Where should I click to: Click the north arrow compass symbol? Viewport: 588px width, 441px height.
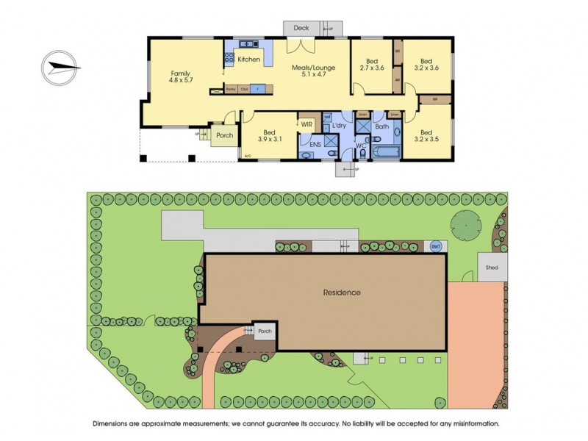pyautogui.click(x=60, y=68)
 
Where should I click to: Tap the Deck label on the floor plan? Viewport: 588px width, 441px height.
pyautogui.click(x=301, y=28)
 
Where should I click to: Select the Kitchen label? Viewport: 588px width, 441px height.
pyautogui.click(x=248, y=59)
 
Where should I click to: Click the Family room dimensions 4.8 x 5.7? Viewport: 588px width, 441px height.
pyautogui.click(x=181, y=81)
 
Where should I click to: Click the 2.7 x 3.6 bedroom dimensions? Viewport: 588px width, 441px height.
pyautogui.click(x=371, y=68)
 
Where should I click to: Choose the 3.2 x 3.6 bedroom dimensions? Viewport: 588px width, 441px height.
pyautogui.click(x=426, y=68)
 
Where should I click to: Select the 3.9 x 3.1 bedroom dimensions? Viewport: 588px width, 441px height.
pyautogui.click(x=270, y=139)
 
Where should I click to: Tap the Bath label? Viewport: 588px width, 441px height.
pyautogui.click(x=382, y=126)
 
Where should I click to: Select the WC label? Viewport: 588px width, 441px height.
pyautogui.click(x=361, y=146)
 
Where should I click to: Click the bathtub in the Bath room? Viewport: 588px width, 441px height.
pyautogui.click(x=387, y=152)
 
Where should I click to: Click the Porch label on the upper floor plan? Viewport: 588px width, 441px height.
pyautogui.click(x=224, y=135)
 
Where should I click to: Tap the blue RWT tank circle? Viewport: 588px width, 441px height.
pyautogui.click(x=435, y=246)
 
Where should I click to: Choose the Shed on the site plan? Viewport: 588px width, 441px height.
pyautogui.click(x=491, y=268)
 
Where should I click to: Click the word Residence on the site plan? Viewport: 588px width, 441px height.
pyautogui.click(x=342, y=293)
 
